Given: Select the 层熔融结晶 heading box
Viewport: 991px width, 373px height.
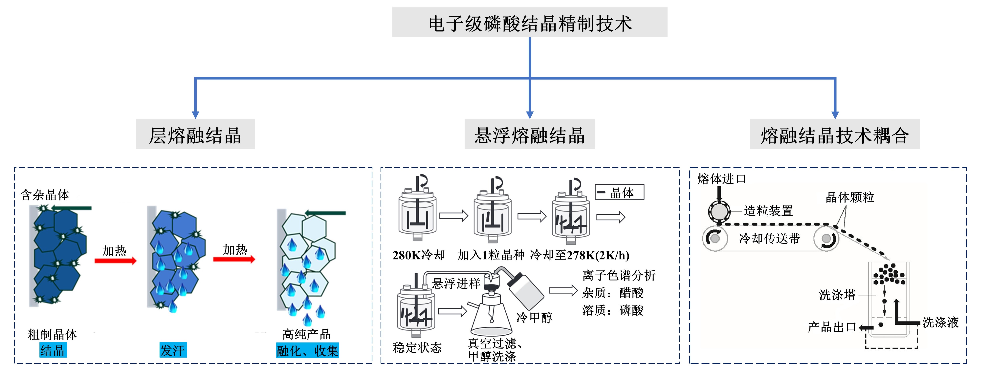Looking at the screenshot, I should pos(195,134).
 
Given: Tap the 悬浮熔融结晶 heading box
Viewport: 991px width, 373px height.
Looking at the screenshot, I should pos(529,134).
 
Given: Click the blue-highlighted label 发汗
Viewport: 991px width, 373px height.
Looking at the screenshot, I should pos(173,350).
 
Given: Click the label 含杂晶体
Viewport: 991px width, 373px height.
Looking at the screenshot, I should pos(45,195).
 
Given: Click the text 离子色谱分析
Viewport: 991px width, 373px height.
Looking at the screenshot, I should pos(619,275).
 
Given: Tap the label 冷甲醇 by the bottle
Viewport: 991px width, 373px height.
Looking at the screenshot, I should pos(534,317).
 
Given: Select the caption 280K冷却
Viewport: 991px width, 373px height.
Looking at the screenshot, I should pos(419,255).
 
